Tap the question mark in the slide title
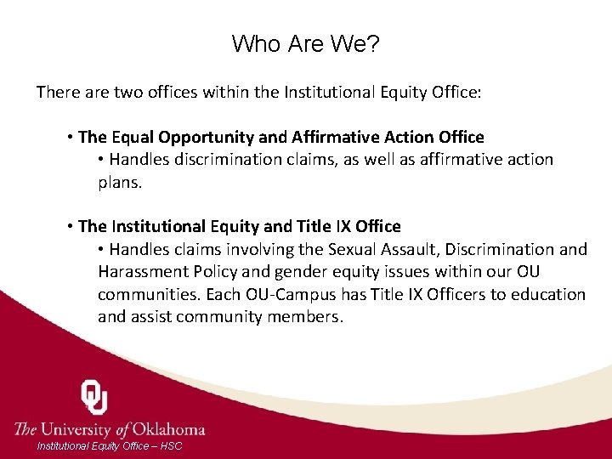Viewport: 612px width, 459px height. pyautogui.click(x=372, y=43)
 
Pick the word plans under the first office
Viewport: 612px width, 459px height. pyautogui.click(x=119, y=181)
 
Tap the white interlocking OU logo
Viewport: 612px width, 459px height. pyautogui.click(x=94, y=397)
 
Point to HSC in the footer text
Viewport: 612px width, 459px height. pyautogui.click(x=170, y=446)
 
